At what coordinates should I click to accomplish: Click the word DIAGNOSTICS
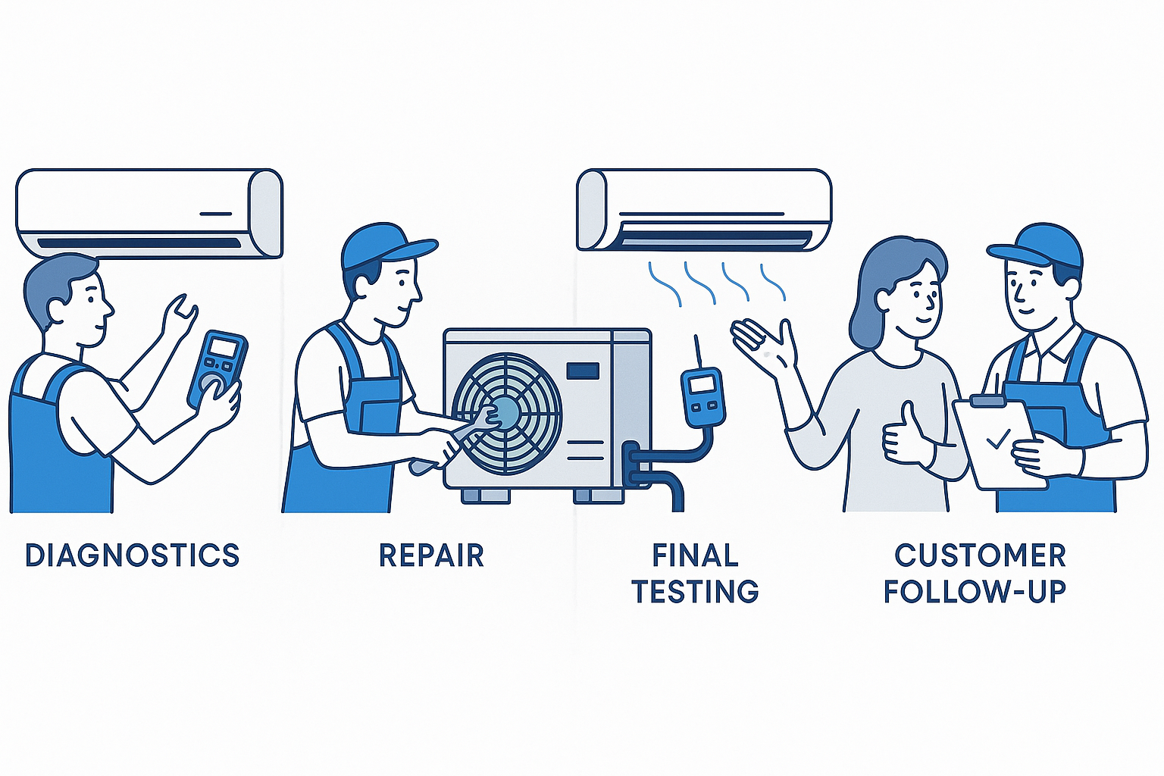tap(132, 555)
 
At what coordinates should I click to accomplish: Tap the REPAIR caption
tap(431, 555)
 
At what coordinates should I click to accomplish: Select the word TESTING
tap(696, 592)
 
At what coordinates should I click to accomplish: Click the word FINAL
tap(696, 555)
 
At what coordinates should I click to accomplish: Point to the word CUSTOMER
tap(980, 555)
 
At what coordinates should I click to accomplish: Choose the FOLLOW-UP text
tap(975, 592)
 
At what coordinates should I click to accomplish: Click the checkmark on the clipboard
tap(998, 438)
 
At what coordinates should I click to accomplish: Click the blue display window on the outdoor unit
tap(583, 371)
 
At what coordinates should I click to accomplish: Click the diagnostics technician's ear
tap(58, 309)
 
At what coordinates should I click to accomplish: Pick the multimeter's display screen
tap(225, 349)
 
